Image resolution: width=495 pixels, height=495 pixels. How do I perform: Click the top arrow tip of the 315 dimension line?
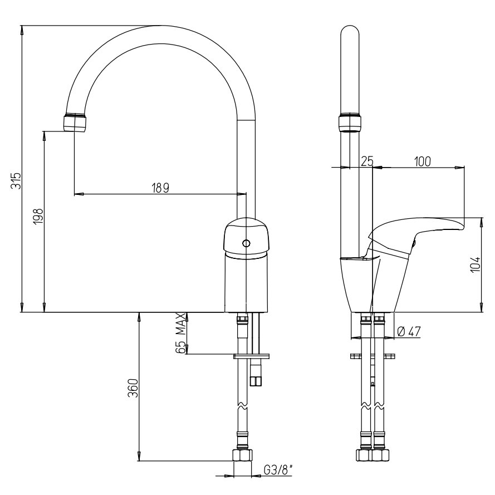click(22, 26)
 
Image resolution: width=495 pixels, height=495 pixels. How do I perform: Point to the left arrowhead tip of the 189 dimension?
click(75, 194)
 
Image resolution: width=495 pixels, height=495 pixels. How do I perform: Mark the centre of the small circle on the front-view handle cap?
click(246, 243)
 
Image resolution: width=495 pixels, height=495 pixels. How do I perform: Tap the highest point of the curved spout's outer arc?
click(161, 25)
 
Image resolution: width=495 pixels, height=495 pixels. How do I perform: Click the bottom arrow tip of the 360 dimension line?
click(139, 460)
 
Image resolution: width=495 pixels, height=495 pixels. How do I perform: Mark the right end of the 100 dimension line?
click(464, 167)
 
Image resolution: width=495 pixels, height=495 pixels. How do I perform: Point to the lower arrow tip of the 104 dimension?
click(482, 312)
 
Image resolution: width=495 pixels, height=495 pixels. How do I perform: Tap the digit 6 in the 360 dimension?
click(134, 388)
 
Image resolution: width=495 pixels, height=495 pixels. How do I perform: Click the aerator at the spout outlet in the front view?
click(75, 122)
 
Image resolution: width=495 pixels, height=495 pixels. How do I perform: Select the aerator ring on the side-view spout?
click(350, 123)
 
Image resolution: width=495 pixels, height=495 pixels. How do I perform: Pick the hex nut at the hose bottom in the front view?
click(242, 455)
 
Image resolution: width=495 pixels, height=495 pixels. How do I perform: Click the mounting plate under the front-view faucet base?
click(251, 356)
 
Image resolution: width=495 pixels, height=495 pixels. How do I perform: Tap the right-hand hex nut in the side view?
click(380, 455)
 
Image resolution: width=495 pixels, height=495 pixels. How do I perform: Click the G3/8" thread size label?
click(278, 471)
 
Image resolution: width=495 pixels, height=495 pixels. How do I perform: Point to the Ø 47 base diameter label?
click(409, 331)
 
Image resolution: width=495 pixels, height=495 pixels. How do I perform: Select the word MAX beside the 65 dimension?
click(180, 324)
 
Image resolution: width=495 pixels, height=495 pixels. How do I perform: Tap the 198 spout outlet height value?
click(38, 216)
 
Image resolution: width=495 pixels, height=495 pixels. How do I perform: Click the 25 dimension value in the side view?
click(367, 161)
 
